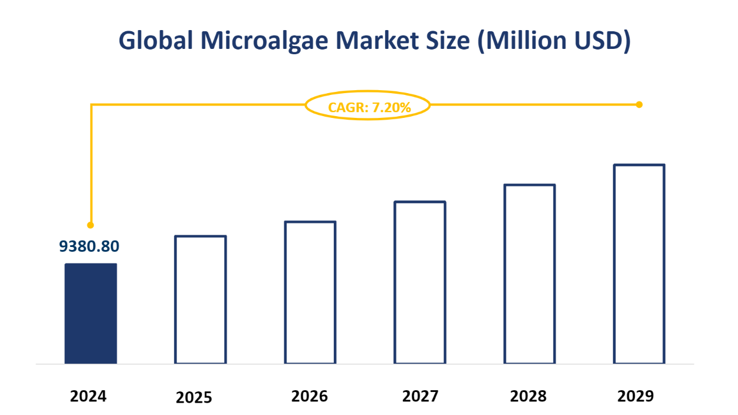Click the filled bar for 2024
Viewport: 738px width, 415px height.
(x=90, y=313)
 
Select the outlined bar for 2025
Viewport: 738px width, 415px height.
(x=201, y=299)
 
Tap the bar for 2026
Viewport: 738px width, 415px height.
(x=310, y=292)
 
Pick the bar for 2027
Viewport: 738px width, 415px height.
(x=420, y=282)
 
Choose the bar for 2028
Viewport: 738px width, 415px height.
(x=529, y=274)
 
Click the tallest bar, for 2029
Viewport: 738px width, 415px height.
(x=639, y=264)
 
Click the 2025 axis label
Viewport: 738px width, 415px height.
(x=193, y=398)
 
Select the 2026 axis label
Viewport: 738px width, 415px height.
(x=310, y=396)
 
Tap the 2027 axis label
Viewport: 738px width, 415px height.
(x=420, y=396)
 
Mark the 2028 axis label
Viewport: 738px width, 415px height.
(x=529, y=396)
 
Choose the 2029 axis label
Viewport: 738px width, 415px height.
(x=635, y=396)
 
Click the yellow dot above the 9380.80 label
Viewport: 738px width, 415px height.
(x=90, y=225)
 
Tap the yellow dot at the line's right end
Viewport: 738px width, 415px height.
(x=639, y=104)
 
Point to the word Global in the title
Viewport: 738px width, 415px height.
(x=154, y=41)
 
